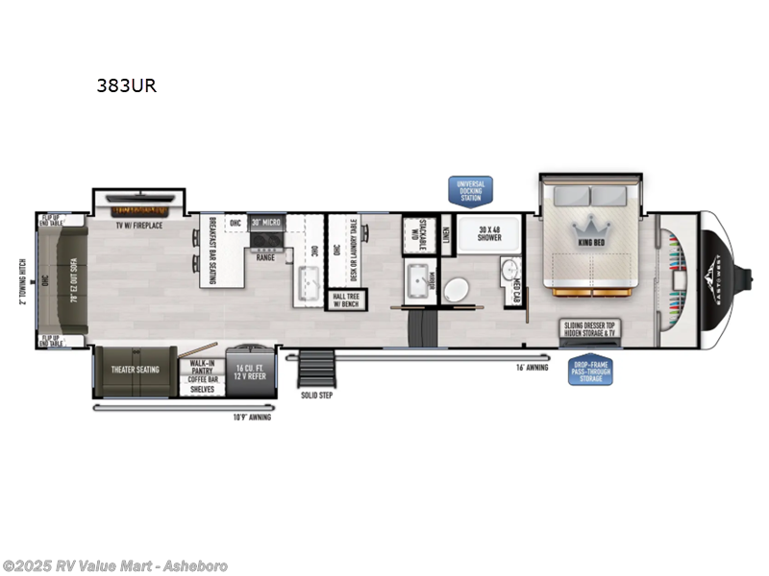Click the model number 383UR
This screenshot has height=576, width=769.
126,85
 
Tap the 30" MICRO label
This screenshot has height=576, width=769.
266,223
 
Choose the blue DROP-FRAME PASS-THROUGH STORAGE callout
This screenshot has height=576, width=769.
590,372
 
